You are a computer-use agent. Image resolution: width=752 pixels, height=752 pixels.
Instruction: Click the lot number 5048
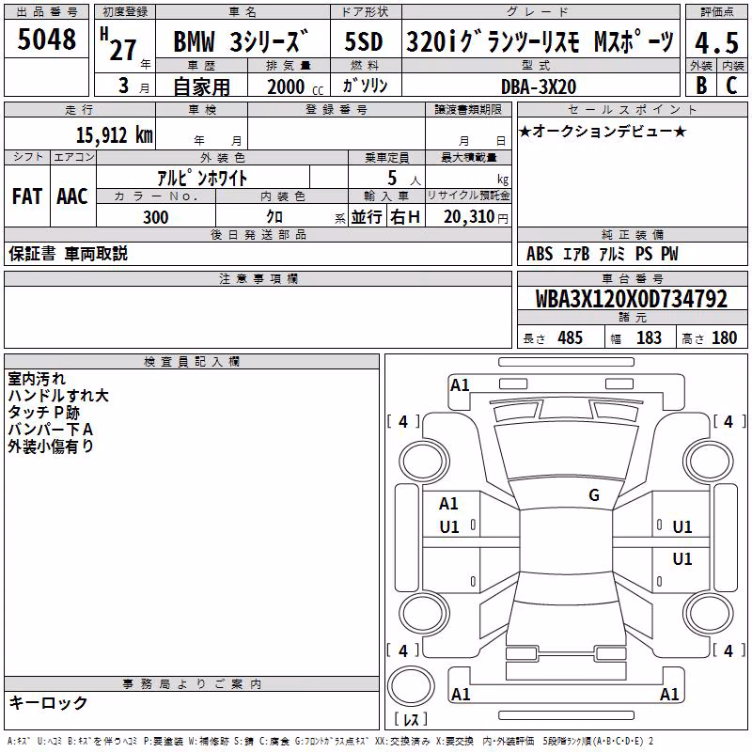pyautogui.click(x=46, y=39)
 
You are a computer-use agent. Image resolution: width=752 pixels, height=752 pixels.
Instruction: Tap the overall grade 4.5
pyautogui.click(x=716, y=42)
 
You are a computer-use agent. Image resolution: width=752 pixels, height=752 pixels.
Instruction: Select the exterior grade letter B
pyautogui.click(x=701, y=86)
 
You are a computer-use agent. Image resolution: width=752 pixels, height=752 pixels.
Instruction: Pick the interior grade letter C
pyautogui.click(x=731, y=86)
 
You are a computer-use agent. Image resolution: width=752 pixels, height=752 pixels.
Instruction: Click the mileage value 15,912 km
pyautogui.click(x=114, y=135)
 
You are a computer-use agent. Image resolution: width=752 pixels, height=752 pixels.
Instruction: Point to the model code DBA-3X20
pyautogui.click(x=539, y=86)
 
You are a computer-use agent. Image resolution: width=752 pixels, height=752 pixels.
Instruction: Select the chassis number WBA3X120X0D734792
pyautogui.click(x=631, y=299)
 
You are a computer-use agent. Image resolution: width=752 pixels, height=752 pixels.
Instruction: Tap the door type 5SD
pyautogui.click(x=364, y=41)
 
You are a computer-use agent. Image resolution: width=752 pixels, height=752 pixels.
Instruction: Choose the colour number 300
pyautogui.click(x=155, y=217)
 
